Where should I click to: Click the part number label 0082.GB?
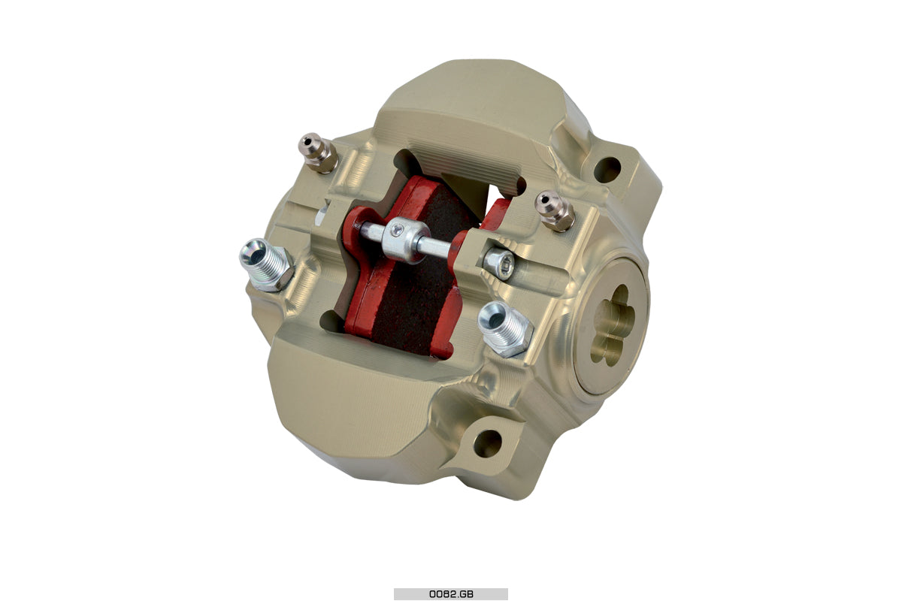click(x=451, y=593)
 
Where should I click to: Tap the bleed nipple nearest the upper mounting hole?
click(x=554, y=210)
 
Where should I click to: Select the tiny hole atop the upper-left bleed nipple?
click(x=307, y=140)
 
